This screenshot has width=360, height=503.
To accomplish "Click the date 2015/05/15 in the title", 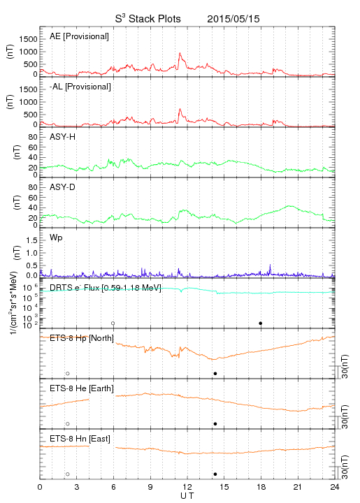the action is (x=233, y=19).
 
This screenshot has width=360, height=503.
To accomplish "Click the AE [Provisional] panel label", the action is (x=79, y=36).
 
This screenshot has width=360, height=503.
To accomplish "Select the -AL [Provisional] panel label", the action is (x=80, y=87).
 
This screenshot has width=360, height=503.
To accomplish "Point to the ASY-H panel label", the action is (x=63, y=137).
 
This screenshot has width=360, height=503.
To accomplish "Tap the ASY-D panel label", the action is (x=63, y=187).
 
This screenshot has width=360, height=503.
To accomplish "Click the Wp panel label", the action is (x=56, y=238).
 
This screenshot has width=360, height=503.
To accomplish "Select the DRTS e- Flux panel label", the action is (x=106, y=288).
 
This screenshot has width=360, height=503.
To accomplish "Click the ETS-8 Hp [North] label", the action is (x=82, y=338).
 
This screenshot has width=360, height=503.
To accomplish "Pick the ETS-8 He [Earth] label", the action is (x=82, y=388).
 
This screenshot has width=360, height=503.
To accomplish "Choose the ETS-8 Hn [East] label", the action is (x=80, y=439).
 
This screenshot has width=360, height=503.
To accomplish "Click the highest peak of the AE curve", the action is (x=180, y=53).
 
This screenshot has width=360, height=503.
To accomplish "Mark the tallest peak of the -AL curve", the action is (x=180, y=109).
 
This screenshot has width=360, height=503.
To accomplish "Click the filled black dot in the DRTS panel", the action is (x=261, y=323).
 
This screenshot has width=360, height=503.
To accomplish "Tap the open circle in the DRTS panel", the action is (x=113, y=323).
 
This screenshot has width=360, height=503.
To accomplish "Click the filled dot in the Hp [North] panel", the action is (x=215, y=373).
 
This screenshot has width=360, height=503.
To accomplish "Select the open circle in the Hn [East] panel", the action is (x=68, y=474).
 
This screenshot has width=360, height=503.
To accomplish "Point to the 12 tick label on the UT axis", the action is (x=187, y=487).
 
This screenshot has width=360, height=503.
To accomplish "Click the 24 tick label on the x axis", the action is (x=335, y=487).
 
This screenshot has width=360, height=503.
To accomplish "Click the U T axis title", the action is (x=187, y=496).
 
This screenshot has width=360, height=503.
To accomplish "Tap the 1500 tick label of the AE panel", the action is (x=28, y=39).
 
